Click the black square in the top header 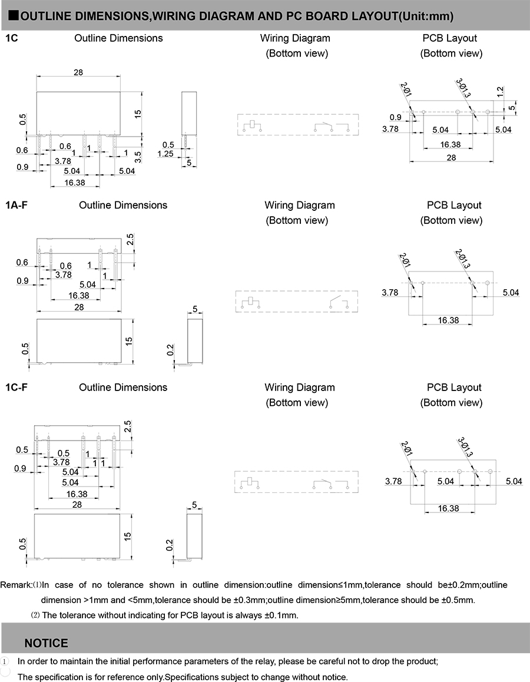[14, 16]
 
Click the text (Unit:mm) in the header [426, 16]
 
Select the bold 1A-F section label [16, 205]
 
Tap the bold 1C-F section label [16, 387]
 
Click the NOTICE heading [46, 643]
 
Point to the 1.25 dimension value [165, 154]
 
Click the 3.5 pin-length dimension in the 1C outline [138, 157]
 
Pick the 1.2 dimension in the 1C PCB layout [501, 91]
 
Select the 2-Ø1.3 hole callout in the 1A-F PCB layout [463, 259]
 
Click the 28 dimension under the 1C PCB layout [451, 157]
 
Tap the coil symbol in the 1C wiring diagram [253, 125]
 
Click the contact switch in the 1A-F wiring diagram [339, 302]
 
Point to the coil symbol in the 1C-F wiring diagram [250, 482]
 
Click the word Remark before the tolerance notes [15, 585]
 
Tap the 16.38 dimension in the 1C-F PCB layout [448, 508]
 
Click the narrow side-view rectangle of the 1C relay [188, 112]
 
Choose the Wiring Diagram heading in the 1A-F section [300, 206]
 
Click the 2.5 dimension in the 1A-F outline [130, 239]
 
